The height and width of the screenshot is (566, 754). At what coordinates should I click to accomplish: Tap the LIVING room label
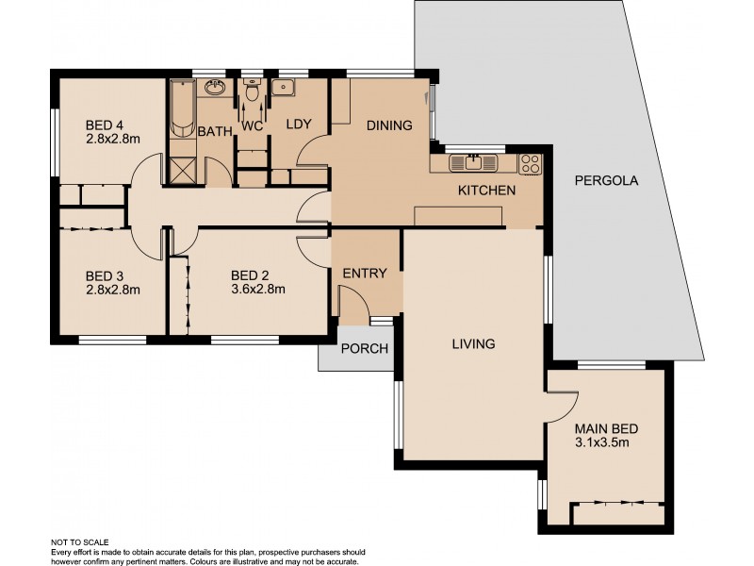[472, 344]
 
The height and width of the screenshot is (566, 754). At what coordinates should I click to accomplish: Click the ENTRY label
[364, 274]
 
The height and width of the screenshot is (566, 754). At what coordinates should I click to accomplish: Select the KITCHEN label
[486, 191]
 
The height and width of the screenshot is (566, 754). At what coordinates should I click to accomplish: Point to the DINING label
[389, 125]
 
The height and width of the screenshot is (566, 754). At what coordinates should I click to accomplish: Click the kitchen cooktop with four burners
[531, 163]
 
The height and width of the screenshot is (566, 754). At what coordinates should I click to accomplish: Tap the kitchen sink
[472, 163]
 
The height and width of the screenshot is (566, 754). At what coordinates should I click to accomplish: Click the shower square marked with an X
[182, 171]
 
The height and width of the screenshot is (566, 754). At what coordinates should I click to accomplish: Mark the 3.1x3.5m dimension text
[601, 441]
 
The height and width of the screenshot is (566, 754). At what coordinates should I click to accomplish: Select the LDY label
[299, 125]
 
